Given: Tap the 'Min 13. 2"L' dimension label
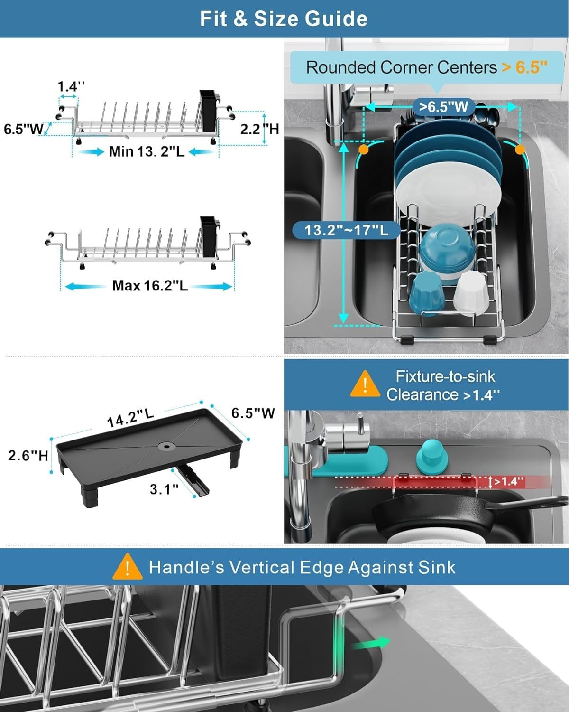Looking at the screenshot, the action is (147, 151).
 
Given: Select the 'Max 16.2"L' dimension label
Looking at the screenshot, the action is (150, 286).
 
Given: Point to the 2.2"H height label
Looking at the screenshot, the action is (259, 129).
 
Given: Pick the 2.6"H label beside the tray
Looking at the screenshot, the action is (28, 456).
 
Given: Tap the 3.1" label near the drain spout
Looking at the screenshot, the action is (164, 489).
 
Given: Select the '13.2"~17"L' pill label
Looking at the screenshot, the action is (346, 230).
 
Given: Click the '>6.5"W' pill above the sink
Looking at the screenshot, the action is (443, 107).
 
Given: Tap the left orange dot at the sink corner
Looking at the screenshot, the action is (363, 149).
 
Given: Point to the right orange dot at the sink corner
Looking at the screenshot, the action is (520, 150).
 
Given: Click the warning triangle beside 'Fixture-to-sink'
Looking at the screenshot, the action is (365, 384).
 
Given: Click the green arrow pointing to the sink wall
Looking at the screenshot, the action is (370, 643).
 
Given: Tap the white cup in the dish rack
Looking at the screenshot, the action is (470, 292).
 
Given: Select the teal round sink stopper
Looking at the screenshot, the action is (432, 457).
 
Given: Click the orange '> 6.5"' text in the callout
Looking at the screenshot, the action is (524, 67).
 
